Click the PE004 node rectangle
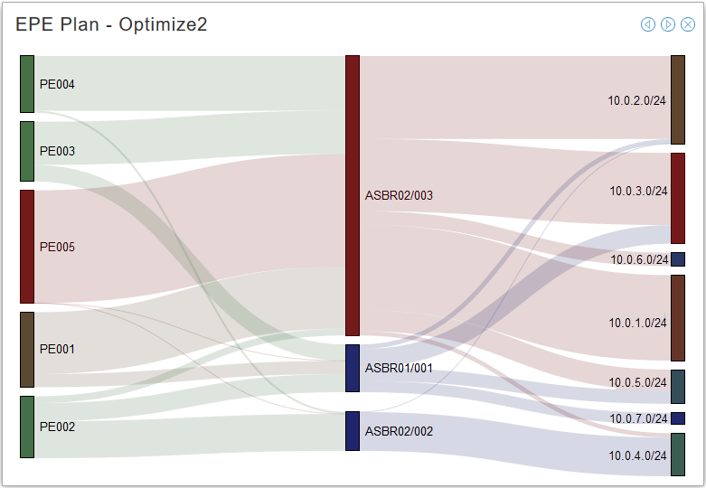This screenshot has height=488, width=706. click(27, 84)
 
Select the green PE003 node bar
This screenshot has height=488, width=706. click(27, 151)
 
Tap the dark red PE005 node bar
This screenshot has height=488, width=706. click(27, 247)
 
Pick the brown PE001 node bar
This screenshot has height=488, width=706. click(27, 349)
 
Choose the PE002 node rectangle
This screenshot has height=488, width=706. click(27, 427)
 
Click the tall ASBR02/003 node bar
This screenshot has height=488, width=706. click(353, 195)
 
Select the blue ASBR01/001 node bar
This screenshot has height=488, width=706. click(353, 368)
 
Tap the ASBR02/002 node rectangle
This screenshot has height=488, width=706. click(353, 431)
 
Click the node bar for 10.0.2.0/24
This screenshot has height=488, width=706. click(678, 100)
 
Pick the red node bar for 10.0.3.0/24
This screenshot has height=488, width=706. click(678, 198)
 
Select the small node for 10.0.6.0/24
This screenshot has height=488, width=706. click(678, 259)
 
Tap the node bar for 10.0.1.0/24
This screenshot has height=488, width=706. click(678, 318)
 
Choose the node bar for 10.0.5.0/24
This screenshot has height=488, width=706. click(678, 386)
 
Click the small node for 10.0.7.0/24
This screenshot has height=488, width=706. click(678, 418)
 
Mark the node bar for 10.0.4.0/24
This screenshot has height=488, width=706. click(678, 455)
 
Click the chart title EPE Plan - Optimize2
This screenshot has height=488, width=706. click(111, 24)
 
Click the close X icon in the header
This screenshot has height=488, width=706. click(688, 24)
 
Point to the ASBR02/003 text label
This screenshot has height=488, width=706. click(399, 195)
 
